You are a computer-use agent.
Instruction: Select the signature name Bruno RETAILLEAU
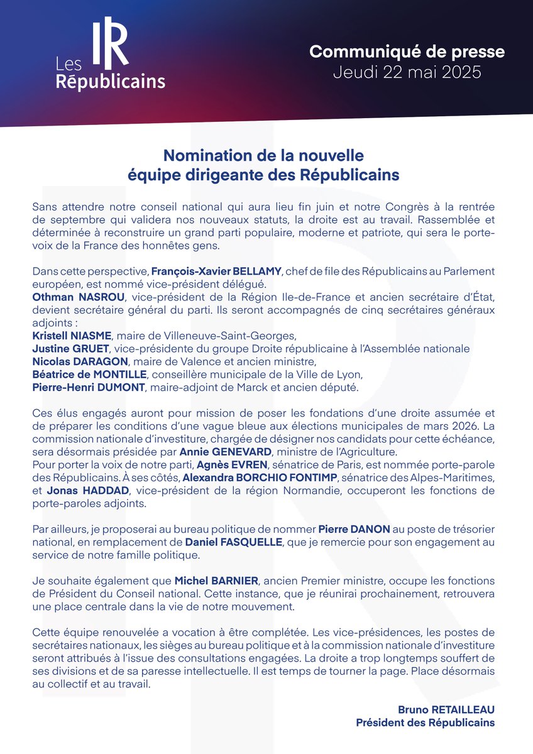point(446,709)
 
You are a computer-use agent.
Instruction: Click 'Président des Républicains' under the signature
point(426,723)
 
